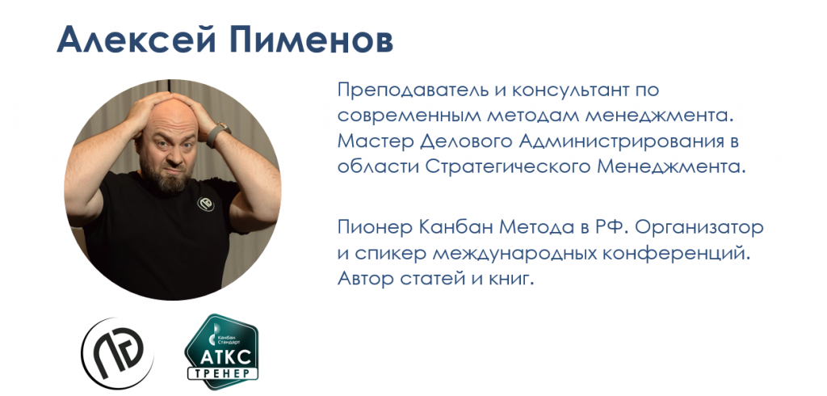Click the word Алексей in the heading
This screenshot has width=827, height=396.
(x=134, y=40)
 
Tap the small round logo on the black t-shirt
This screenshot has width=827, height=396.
(x=205, y=204)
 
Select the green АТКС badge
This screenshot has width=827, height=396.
(x=222, y=352)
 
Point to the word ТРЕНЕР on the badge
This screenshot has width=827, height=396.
(x=224, y=373)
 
